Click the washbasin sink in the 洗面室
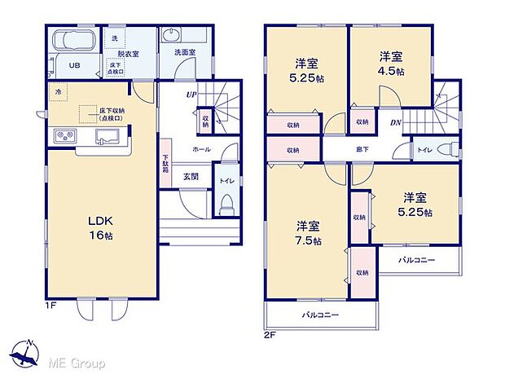(173, 37)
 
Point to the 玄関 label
(191, 176)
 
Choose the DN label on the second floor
(394, 123)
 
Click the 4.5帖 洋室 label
(391, 64)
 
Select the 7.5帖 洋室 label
(308, 233)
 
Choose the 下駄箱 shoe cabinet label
(165, 167)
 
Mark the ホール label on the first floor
(201, 151)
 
